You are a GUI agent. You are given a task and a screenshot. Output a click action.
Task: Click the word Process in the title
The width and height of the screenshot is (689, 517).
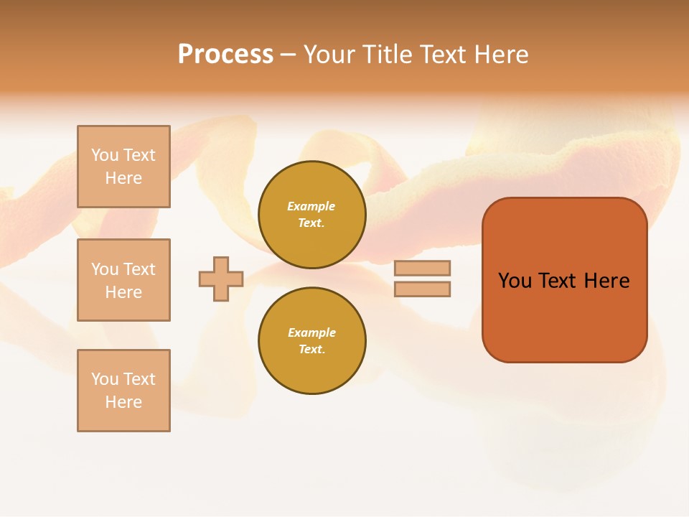coord(225,55)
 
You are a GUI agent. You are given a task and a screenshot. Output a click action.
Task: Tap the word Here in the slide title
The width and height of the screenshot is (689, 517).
coord(502,55)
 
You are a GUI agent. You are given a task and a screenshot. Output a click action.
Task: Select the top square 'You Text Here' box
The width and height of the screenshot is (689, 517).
coord(123,167)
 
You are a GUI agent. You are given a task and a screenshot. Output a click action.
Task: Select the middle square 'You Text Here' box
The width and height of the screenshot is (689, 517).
coord(123,280)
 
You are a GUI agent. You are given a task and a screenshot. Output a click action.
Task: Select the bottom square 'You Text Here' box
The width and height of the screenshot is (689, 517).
coord(123,391)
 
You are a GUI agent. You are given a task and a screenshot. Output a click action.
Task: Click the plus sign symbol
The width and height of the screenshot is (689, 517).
coord(221,279)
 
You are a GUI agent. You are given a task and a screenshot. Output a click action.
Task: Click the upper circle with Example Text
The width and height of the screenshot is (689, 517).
coord(311,215)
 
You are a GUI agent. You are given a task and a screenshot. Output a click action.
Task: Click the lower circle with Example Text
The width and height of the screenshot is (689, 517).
coord(311,341)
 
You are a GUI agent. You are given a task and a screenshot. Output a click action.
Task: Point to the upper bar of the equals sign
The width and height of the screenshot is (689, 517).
coord(422,268)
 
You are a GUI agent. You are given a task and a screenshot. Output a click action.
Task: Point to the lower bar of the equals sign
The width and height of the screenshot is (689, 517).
coord(422,289)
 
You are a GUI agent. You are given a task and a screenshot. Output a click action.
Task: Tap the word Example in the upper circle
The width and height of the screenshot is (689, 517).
coord(311,207)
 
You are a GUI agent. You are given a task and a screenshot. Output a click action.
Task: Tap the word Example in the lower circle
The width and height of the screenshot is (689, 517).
coord(311,333)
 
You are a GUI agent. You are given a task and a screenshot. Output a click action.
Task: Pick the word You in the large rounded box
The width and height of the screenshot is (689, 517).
coord(515,281)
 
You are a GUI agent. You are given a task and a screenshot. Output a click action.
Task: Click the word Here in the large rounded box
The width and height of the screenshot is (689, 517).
coord(606,281)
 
